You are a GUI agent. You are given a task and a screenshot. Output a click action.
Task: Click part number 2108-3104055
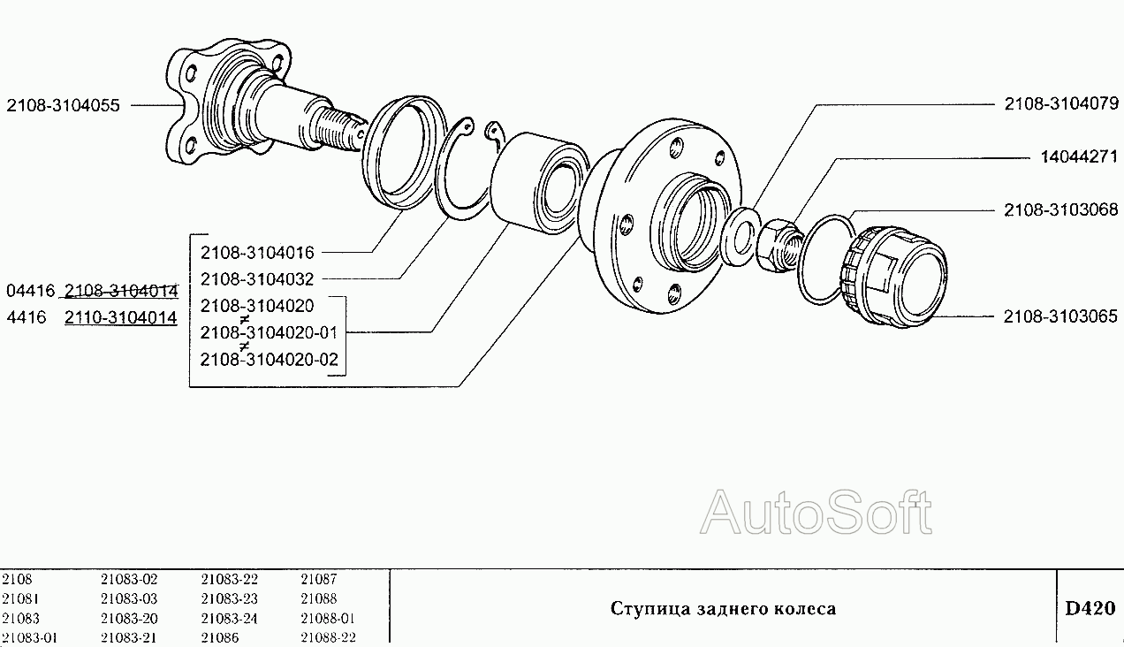62,104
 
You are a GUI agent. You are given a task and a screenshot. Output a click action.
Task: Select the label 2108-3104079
1060,104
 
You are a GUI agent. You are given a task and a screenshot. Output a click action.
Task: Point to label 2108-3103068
1060,210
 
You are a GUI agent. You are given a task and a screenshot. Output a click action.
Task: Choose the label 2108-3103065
1060,316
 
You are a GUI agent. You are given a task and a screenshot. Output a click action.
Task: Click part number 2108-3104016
257,252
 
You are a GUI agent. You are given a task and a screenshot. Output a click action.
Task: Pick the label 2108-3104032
257,279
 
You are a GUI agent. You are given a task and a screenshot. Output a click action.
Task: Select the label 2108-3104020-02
269,360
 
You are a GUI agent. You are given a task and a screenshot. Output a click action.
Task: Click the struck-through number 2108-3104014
121,291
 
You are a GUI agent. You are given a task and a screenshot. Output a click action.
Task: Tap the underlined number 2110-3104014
121,317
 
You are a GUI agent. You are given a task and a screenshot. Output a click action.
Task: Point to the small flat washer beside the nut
739,234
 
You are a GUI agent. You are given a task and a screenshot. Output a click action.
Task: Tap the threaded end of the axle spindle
339,127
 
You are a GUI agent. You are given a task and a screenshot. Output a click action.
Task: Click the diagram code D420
1089,608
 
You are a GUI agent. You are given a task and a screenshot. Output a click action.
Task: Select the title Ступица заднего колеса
723,608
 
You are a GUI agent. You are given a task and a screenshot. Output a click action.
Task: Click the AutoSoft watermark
816,513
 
